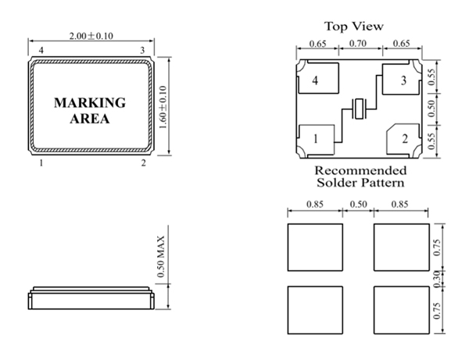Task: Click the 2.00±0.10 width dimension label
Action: [x=91, y=36]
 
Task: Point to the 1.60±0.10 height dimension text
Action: [x=163, y=107]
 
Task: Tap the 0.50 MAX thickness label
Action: [x=160, y=256]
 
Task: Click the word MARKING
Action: [x=90, y=103]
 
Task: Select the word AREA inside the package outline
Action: [x=90, y=119]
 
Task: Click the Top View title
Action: [x=354, y=27]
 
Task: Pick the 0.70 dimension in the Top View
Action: [x=358, y=44]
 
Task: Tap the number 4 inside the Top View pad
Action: [x=315, y=80]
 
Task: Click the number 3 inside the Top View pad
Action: [x=403, y=80]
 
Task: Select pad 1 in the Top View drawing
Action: [x=317, y=140]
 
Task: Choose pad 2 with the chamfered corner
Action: [x=403, y=139]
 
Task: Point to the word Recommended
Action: [x=360, y=170]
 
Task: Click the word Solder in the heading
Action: [x=338, y=183]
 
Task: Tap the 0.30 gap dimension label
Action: [x=437, y=279]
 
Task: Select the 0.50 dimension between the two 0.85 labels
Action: [x=358, y=205]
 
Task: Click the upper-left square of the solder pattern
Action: [x=315, y=248]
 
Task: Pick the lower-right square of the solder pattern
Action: [x=402, y=310]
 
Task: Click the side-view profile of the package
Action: [x=91, y=298]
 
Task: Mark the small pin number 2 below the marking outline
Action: [x=144, y=163]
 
